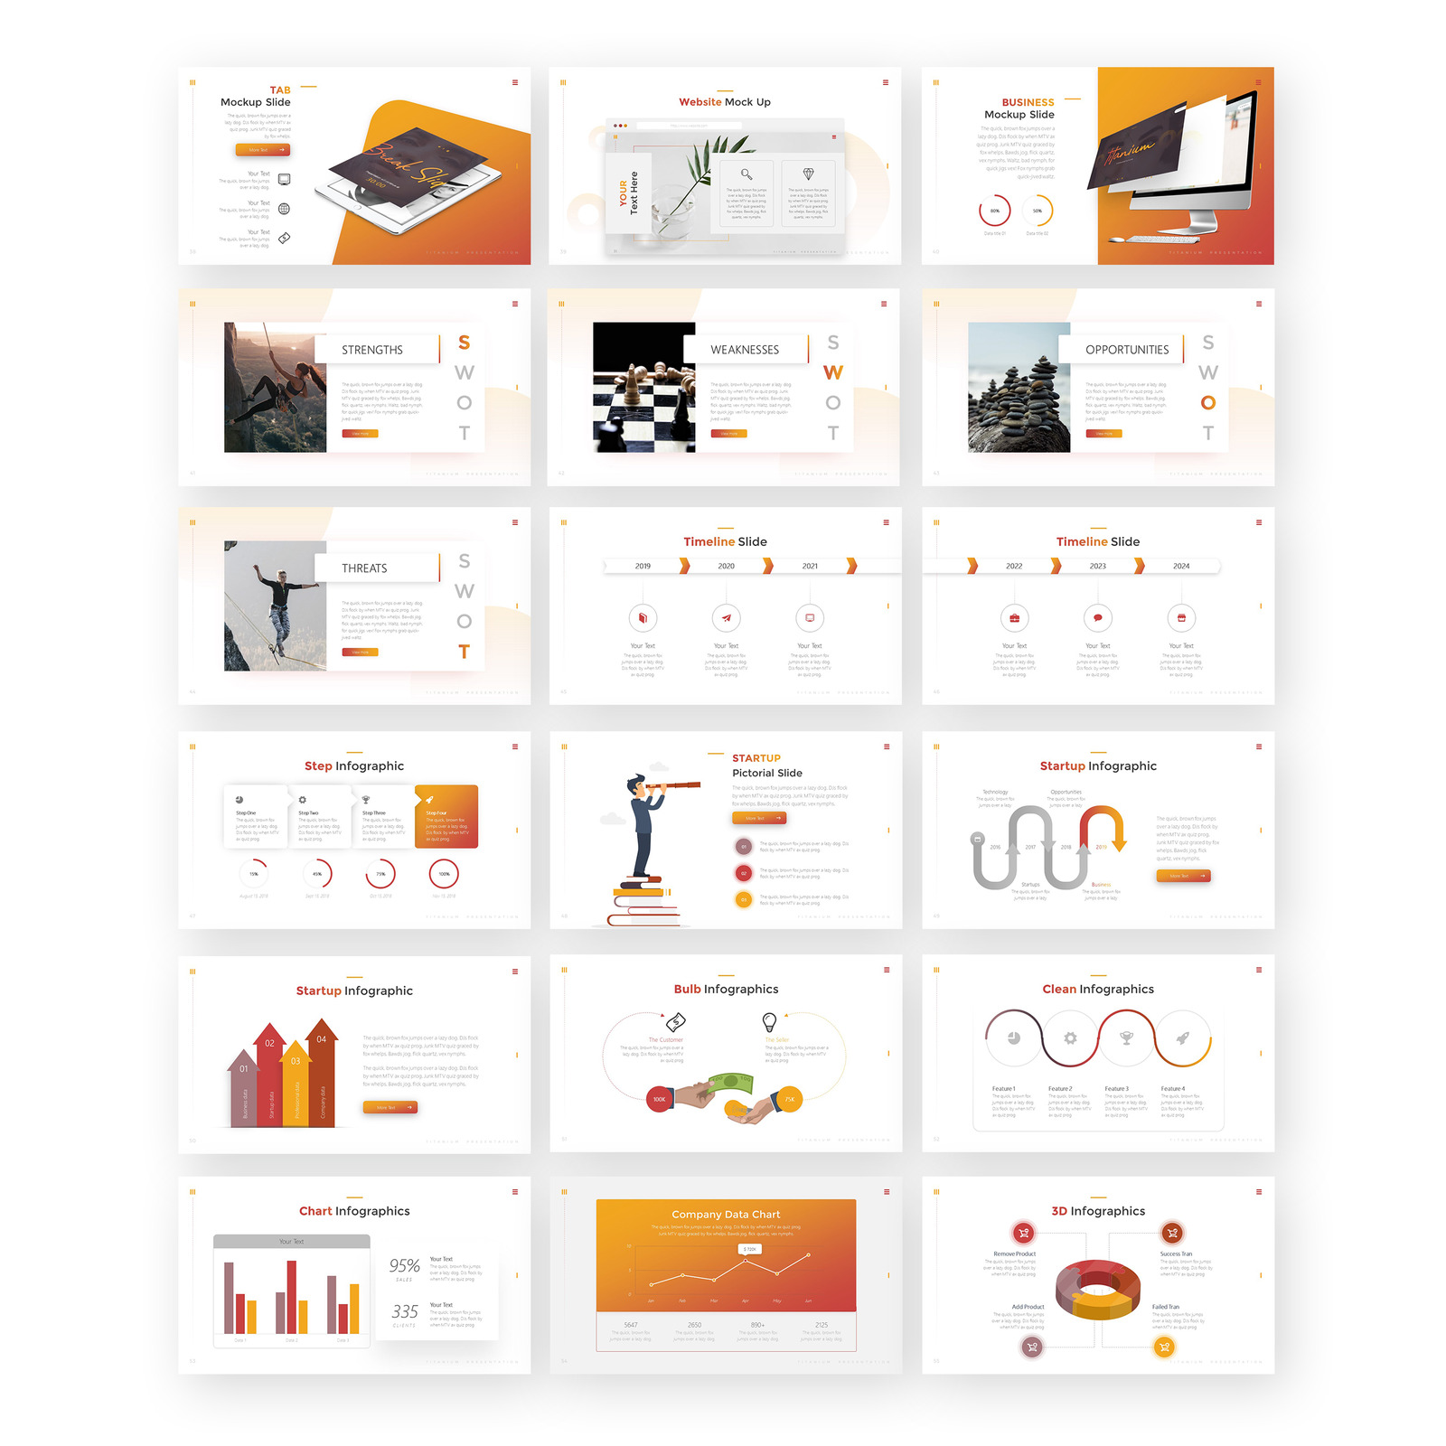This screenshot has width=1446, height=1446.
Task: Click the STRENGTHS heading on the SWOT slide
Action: click(x=371, y=350)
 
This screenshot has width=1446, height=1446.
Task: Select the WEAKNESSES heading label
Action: click(x=744, y=350)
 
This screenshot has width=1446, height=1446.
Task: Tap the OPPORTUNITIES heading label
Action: click(x=1126, y=350)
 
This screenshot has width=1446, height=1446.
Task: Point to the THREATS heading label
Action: click(x=364, y=568)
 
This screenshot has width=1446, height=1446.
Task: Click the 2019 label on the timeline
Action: click(x=643, y=566)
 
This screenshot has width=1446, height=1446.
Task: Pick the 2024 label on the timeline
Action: click(x=1181, y=566)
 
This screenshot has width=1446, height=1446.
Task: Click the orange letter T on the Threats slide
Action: click(x=464, y=652)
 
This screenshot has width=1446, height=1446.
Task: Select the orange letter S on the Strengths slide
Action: click(x=464, y=343)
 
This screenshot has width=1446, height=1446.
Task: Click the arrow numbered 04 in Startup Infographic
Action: click(x=322, y=1039)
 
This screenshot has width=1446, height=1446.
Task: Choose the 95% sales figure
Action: click(x=404, y=1265)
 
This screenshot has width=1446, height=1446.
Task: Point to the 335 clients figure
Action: click(x=404, y=1311)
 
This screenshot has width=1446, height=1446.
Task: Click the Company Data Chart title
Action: click(x=726, y=1215)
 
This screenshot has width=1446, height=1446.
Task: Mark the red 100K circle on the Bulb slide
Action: click(x=659, y=1099)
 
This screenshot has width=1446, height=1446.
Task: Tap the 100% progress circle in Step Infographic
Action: click(x=444, y=874)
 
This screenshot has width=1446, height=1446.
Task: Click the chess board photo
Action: click(x=643, y=387)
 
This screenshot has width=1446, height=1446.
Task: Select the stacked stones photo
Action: click(x=1019, y=387)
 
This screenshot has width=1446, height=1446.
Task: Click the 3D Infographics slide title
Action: click(x=1098, y=1211)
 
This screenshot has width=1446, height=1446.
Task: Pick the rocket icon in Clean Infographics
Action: click(x=1182, y=1038)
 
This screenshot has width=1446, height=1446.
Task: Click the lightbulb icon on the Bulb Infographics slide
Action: click(x=769, y=1021)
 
